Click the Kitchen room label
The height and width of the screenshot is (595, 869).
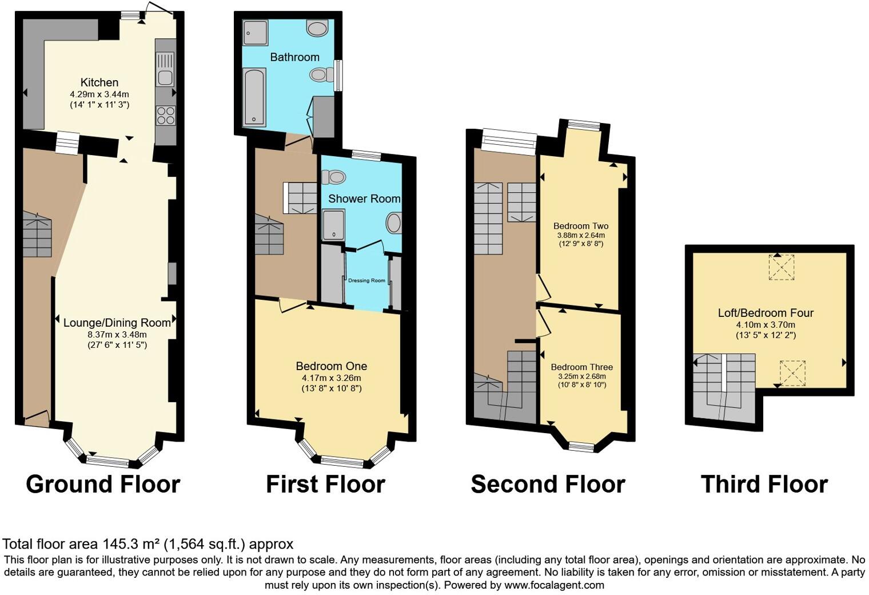99,82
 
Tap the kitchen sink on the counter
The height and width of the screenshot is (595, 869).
165,69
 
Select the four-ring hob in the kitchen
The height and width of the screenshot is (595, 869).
165,116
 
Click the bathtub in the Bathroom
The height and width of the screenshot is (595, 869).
254,97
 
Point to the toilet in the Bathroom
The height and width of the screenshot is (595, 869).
322,74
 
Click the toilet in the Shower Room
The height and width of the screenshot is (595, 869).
333,177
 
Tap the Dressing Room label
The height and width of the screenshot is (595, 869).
366,280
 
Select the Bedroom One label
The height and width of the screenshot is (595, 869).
331,366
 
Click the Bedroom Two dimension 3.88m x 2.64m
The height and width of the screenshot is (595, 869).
580,235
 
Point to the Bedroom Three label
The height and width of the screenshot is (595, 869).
581,367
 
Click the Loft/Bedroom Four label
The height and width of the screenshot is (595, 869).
766,313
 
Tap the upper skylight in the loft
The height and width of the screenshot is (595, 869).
781,267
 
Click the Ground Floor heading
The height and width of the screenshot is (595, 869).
103,484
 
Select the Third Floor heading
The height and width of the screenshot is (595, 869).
764,484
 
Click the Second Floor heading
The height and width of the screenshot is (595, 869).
548,484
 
